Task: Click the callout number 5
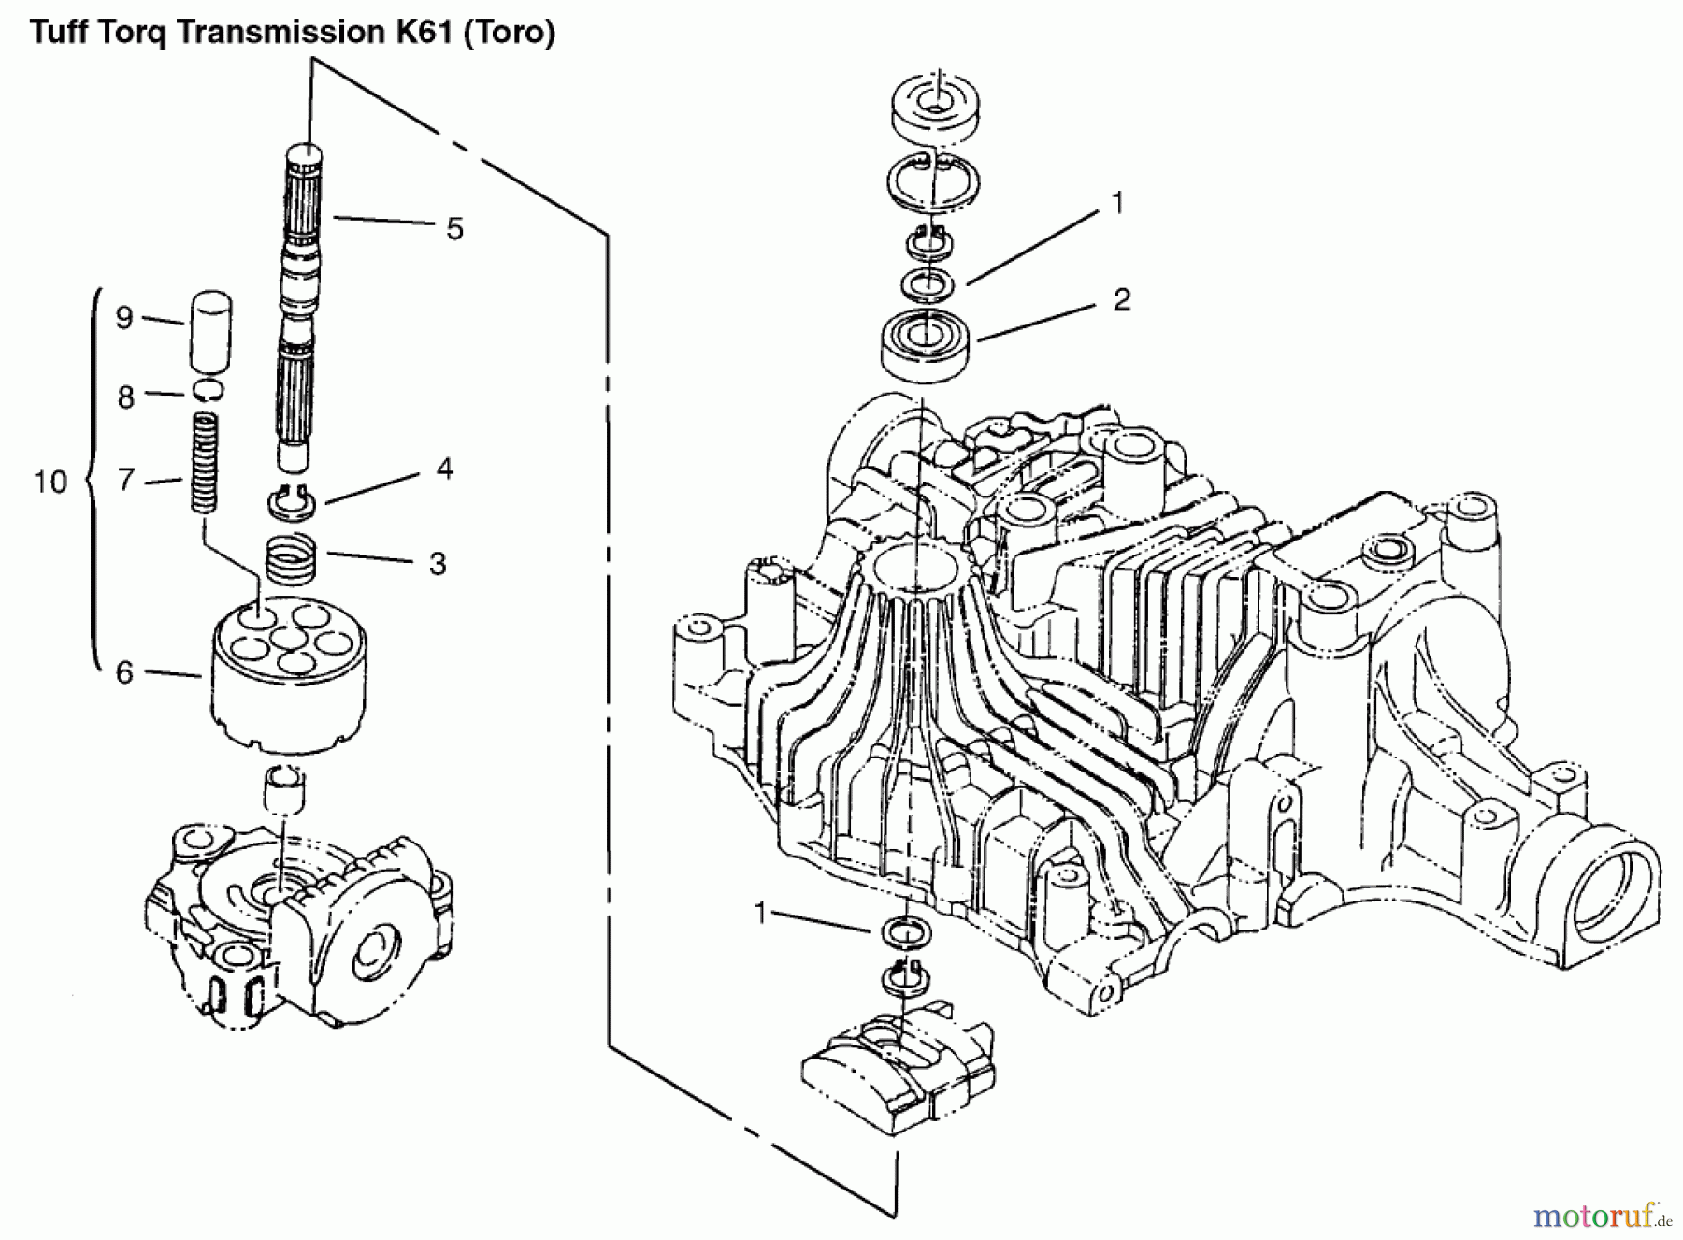click(454, 229)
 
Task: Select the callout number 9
click(124, 318)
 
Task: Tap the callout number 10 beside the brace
click(50, 483)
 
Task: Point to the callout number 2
click(1121, 299)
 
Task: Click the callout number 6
click(124, 672)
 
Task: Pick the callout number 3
click(437, 564)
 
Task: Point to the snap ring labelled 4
click(293, 502)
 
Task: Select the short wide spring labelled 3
click(293, 558)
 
